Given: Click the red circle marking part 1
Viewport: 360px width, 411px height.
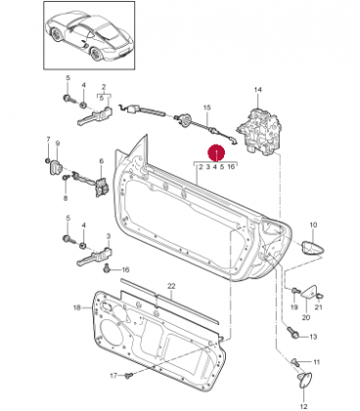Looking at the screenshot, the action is [x=217, y=153].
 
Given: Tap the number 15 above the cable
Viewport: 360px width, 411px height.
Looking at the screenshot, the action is [x=207, y=108].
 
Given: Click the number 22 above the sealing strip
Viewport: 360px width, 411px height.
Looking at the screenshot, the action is [x=171, y=286].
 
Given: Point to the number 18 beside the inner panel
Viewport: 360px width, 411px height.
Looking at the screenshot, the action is [x=77, y=307].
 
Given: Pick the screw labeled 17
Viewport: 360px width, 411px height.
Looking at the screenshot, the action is [x=128, y=376].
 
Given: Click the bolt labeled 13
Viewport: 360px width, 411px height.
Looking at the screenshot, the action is [x=293, y=333].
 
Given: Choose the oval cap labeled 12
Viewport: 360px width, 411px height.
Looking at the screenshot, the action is [x=305, y=380].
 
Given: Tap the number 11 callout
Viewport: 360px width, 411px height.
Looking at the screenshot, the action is [x=316, y=362].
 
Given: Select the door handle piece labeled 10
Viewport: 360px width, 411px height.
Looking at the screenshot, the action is [x=313, y=248].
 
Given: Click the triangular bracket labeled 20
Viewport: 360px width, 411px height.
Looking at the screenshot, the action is [x=308, y=292].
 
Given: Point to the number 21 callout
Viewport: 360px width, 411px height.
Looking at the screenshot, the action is [x=318, y=307].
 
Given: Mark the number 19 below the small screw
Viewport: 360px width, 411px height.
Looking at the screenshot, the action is [x=294, y=307].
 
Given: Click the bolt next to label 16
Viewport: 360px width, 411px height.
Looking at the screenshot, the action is [x=107, y=269].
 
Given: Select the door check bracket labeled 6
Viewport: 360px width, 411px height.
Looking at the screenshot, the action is [x=102, y=187].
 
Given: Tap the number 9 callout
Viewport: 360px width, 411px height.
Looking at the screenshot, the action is [x=58, y=143].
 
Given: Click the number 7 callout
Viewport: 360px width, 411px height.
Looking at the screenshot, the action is [x=48, y=140].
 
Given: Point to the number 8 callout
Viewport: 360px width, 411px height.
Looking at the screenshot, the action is [x=66, y=198].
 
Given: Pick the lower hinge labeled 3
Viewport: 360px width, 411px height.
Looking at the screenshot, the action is [x=95, y=255].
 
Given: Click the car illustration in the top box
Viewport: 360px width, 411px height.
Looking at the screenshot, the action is [x=89, y=36].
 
